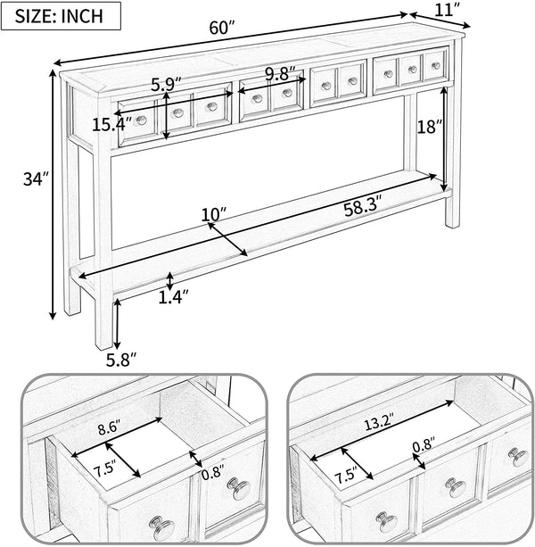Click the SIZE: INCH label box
[61, 16]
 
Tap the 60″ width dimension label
[222, 28]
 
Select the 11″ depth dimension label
[448, 10]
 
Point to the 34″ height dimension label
[36, 179]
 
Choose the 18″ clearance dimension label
[430, 127]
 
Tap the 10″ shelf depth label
[214, 214]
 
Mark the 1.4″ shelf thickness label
[173, 296]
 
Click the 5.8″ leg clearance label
[121, 360]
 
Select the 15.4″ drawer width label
[112, 125]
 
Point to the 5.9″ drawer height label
[166, 84]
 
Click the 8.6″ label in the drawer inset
[109, 428]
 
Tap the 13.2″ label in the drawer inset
[379, 423]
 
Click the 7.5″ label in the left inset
[104, 470]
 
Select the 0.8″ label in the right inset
[424, 445]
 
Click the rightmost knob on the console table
[436, 65]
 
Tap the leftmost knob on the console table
[142, 120]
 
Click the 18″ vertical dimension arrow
[444, 139]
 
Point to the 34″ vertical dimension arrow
[53, 195]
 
